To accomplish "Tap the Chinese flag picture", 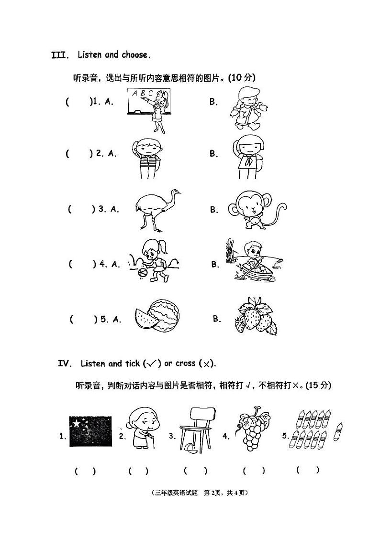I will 90,431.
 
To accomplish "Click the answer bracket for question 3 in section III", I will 82,209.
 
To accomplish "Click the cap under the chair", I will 190,447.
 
